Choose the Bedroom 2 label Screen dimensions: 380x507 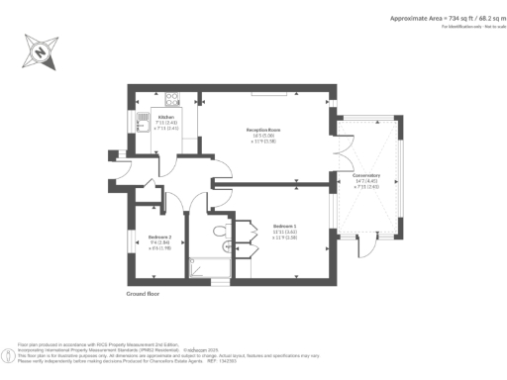coord(160,237)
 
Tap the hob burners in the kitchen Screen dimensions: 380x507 coord(171,98)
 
